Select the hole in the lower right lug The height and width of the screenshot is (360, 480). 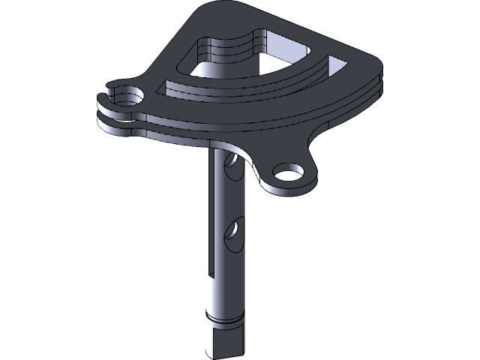[x=287, y=173]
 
